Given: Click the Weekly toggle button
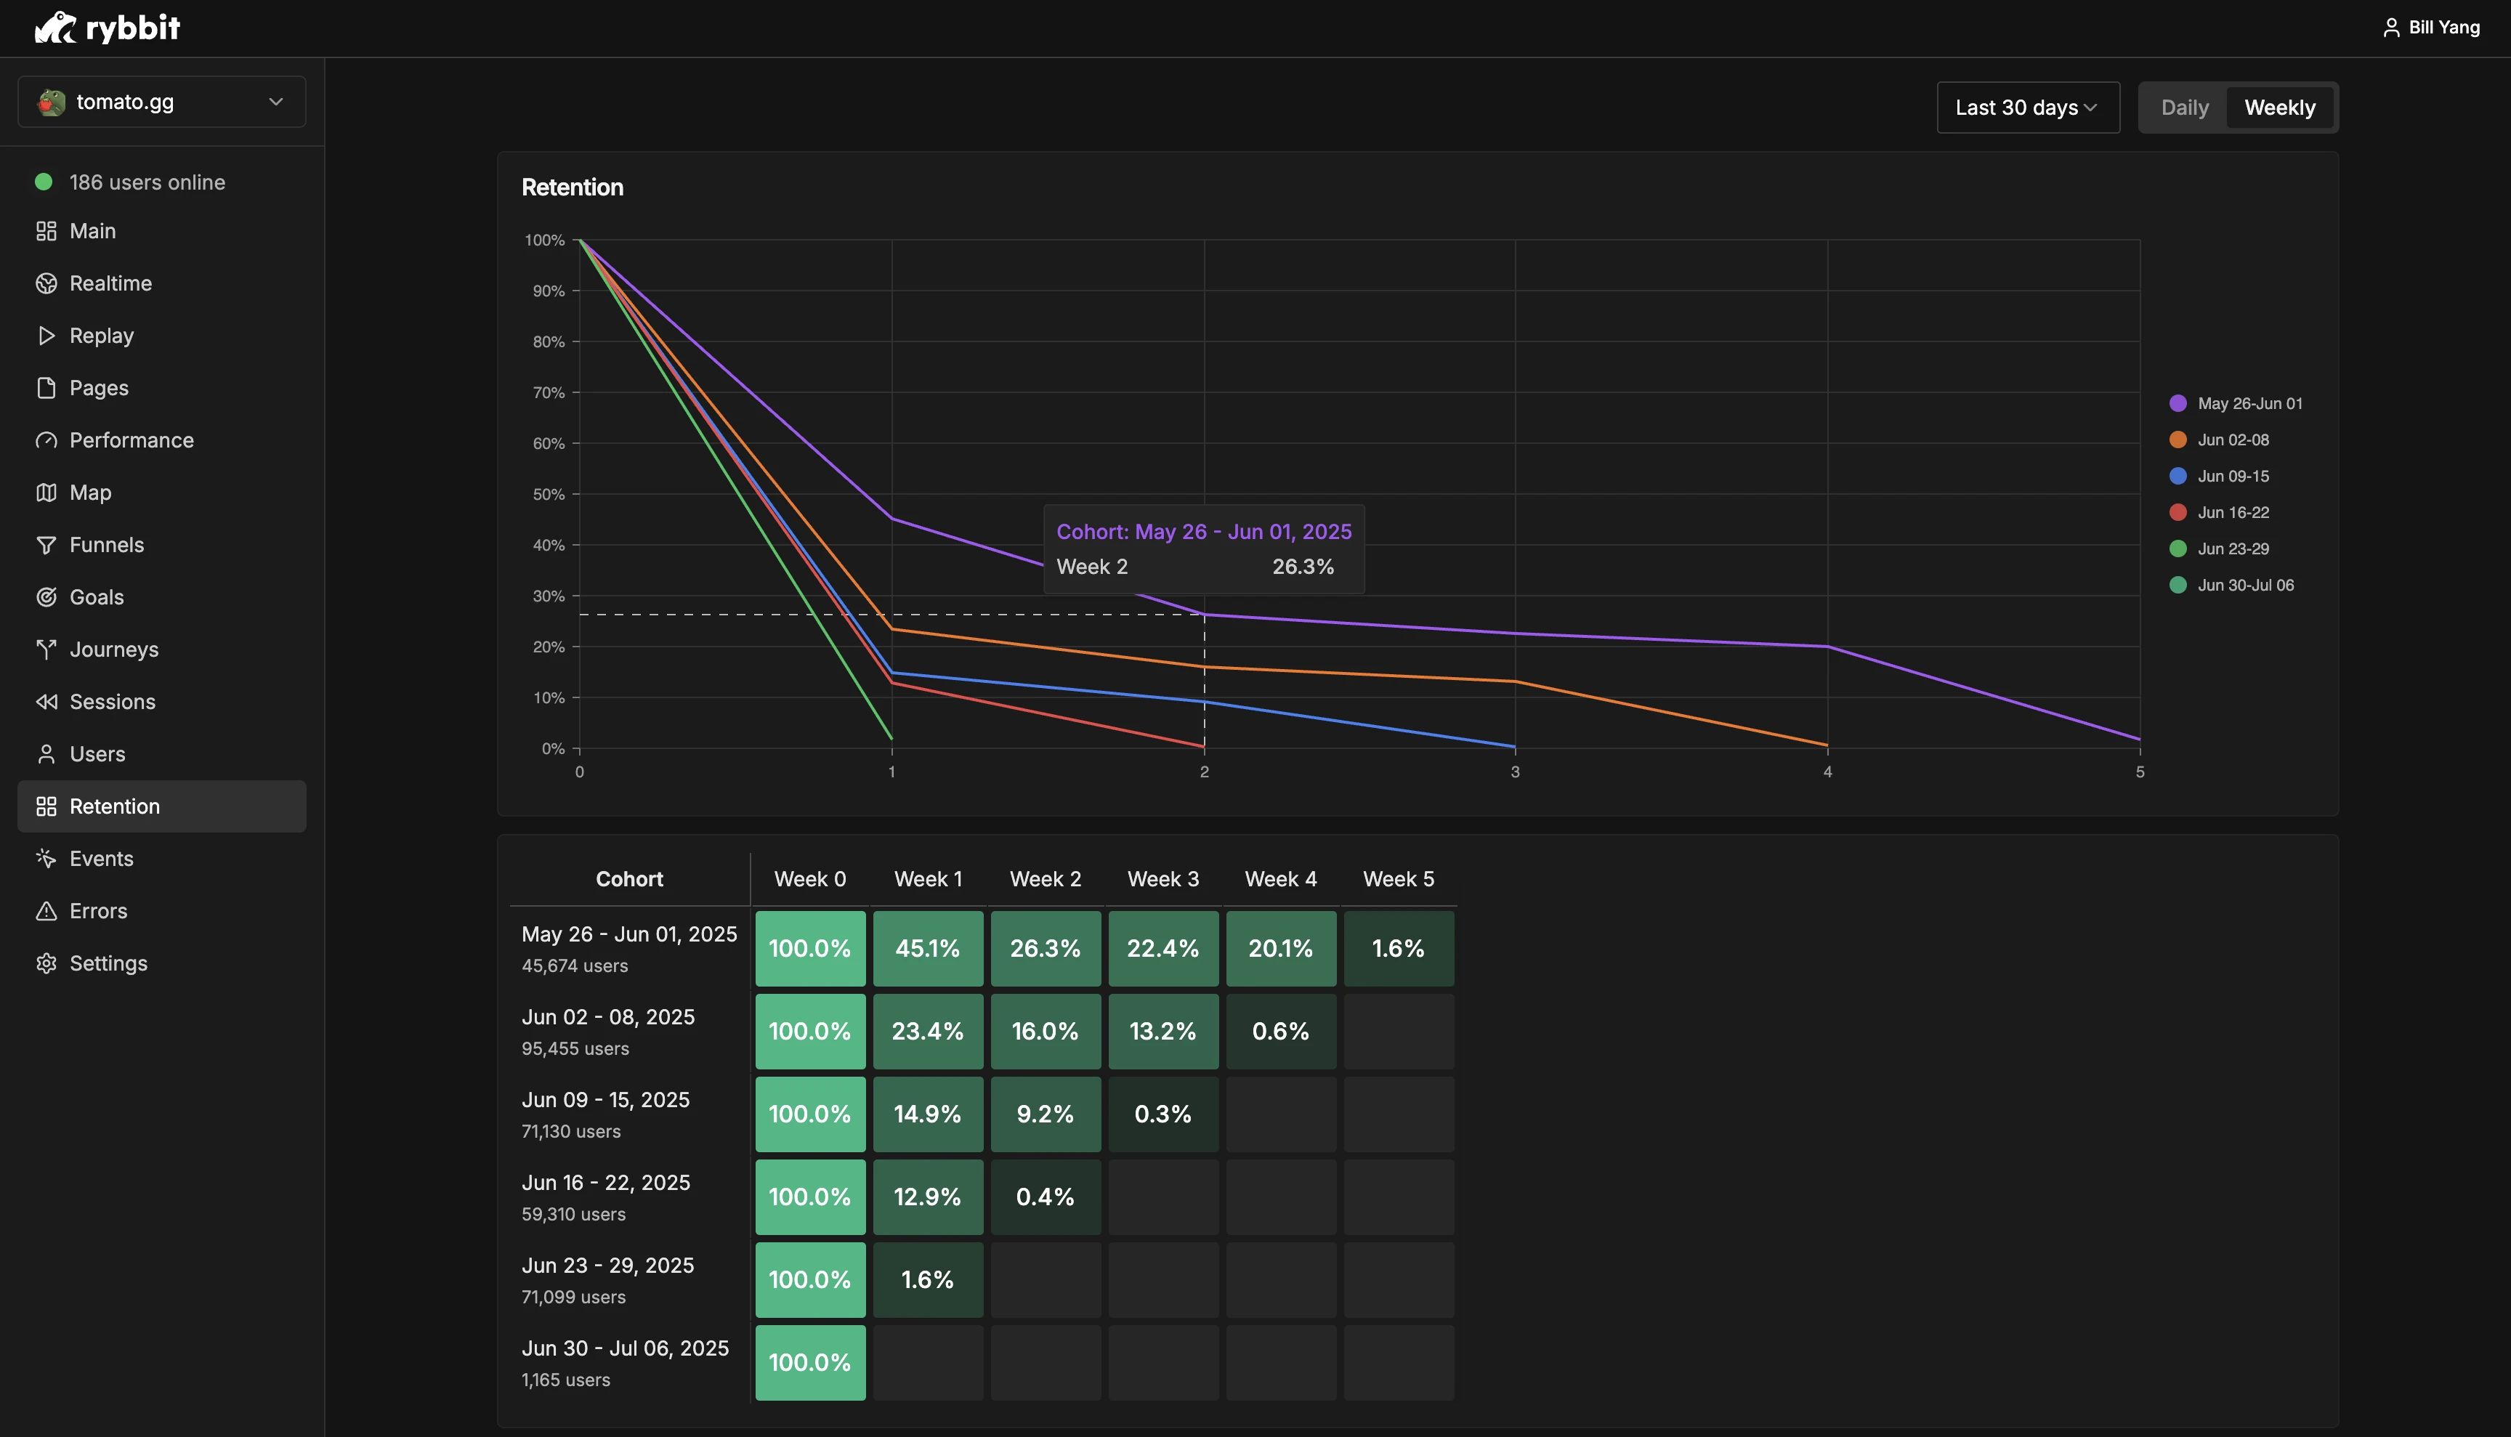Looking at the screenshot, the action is coord(2279,108).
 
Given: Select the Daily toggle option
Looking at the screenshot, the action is coord(2184,108).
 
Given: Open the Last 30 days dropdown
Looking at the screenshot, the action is coord(2027,108).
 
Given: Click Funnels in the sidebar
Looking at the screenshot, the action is coord(107,545).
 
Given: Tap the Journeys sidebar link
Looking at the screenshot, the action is coord(113,649).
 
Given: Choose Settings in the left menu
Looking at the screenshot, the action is coord(108,963).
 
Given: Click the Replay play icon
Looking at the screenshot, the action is coord(46,336).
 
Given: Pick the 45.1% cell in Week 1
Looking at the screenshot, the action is coord(928,949).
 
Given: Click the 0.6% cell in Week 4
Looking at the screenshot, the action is coord(1281,1032).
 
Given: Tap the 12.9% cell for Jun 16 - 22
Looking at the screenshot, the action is coord(928,1197).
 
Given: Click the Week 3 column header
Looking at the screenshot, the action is coord(1162,879).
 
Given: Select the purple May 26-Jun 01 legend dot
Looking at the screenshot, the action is coord(2178,404).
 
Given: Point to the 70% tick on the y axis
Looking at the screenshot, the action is coord(549,393).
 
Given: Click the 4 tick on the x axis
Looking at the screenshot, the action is coord(1828,772).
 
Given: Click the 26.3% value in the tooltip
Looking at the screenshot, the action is coord(1303,567).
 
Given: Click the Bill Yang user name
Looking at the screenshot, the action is coord(2444,28).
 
